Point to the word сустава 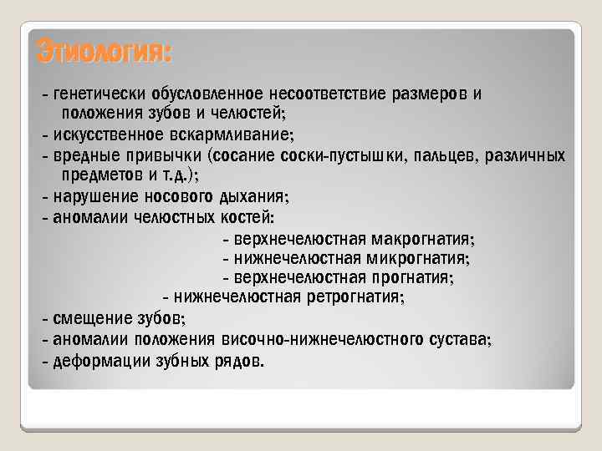[459, 339]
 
